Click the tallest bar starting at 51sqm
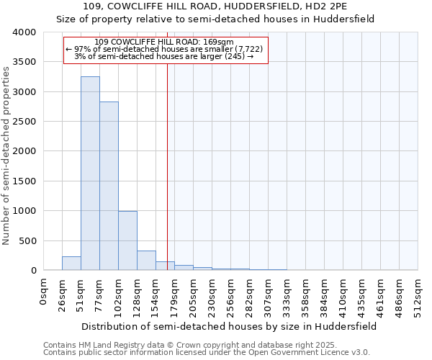coord(90,173)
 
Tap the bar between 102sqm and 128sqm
coord(127,240)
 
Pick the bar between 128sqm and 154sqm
coord(146,261)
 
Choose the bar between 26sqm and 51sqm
coord(71,264)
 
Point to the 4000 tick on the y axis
coord(24,32)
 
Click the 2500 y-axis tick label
coord(24,122)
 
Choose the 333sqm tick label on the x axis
coord(288,294)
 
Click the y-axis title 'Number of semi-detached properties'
coord(7,156)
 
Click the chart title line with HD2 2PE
coord(215,6)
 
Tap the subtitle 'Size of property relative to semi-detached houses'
coord(215,19)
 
